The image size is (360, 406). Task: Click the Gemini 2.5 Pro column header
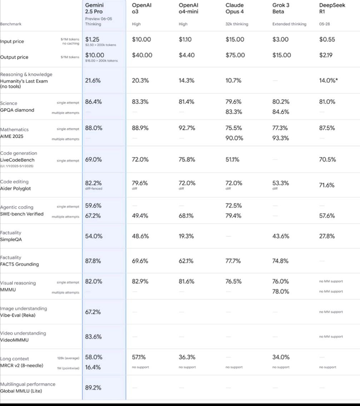tap(94, 8)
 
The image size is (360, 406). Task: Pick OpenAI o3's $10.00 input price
tap(142, 40)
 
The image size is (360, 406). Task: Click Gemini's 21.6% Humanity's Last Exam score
tap(93, 80)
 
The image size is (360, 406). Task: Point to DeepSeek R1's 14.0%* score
tap(329, 80)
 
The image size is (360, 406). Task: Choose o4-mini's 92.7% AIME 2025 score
tap(187, 128)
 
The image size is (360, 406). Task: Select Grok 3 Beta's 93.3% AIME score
tap(281, 138)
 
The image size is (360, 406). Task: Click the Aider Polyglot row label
tap(15, 189)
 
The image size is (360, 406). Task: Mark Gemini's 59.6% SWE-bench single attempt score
tap(93, 206)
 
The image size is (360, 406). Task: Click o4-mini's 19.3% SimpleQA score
tap(186, 236)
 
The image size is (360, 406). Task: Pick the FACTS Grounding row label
tap(19, 264)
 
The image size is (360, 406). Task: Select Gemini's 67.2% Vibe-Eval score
tap(93, 312)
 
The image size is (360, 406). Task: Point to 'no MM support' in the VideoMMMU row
tap(331, 337)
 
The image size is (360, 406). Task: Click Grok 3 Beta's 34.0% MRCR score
tap(281, 357)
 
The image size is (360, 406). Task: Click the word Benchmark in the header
tap(11, 24)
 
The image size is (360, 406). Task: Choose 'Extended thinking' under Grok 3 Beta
tap(289, 24)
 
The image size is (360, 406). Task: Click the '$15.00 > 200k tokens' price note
tap(101, 61)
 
